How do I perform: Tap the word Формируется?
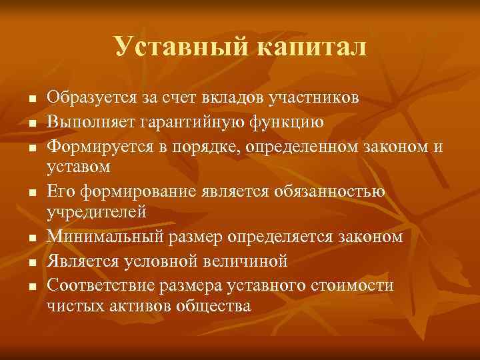(x=97, y=146)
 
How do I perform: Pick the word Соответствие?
(x=101, y=285)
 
